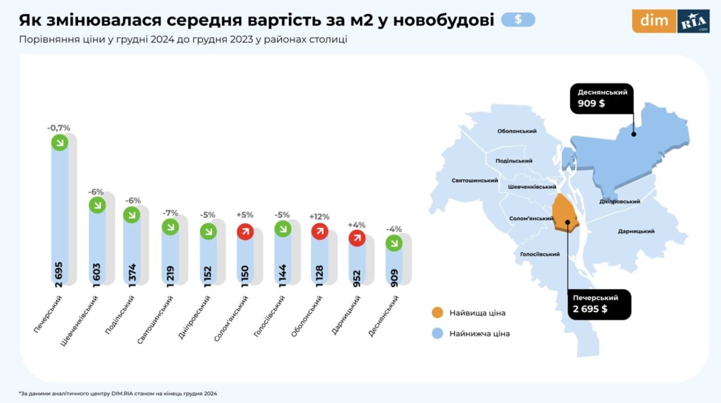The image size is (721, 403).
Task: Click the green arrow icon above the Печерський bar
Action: point(60,143)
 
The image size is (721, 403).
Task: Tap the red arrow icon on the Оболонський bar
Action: point(319,231)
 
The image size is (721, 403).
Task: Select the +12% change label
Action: point(319,217)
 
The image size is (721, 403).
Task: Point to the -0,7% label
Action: point(58,128)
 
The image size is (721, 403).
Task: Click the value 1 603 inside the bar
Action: point(97,273)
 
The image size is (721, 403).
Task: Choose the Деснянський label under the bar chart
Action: point(384,316)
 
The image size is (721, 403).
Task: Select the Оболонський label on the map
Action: point(517,131)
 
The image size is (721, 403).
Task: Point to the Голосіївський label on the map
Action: point(540,254)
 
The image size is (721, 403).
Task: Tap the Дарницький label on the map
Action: point(636,231)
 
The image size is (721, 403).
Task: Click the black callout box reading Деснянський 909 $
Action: point(602,98)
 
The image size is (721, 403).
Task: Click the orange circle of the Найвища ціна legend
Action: point(437,313)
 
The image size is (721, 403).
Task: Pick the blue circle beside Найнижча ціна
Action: point(437,333)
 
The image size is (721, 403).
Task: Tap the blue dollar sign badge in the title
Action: point(518,20)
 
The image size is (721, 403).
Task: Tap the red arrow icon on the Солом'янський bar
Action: point(245,232)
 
